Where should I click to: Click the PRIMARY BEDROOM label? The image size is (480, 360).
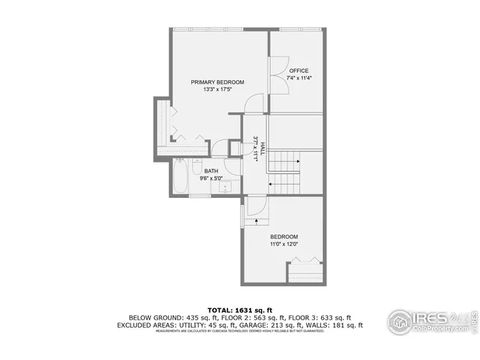pyautogui.click(x=217, y=82)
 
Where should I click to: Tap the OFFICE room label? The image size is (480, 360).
pyautogui.click(x=299, y=70)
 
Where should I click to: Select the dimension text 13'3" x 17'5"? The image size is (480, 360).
pyautogui.click(x=217, y=90)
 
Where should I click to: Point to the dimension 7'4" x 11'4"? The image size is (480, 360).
pyautogui.click(x=299, y=78)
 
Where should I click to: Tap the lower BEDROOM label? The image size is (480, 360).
pyautogui.click(x=284, y=236)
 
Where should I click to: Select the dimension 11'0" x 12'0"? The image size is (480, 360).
pyautogui.click(x=284, y=244)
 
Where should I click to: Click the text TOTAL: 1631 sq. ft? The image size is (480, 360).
pyautogui.click(x=240, y=309)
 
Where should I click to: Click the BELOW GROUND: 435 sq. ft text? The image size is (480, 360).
pyautogui.click(x=166, y=317)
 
